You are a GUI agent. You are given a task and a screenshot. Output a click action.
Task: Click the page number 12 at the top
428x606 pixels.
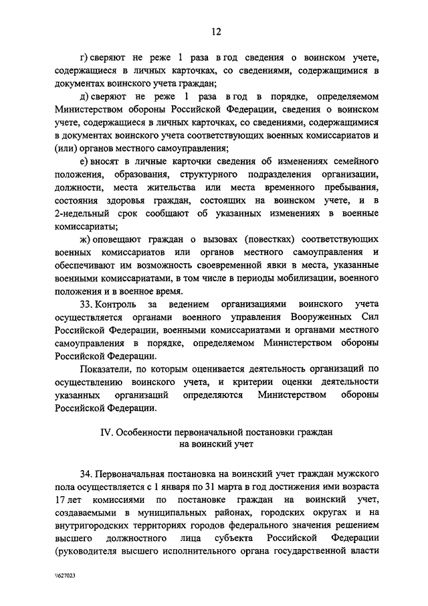pyautogui.click(x=215, y=31)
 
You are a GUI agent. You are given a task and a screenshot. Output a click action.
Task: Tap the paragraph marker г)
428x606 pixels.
pyautogui.click(x=83, y=59)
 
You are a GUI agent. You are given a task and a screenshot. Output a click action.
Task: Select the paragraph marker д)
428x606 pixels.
pyautogui.click(x=83, y=98)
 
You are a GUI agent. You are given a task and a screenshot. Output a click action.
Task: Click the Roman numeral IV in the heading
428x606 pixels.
pyautogui.click(x=106, y=433)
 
